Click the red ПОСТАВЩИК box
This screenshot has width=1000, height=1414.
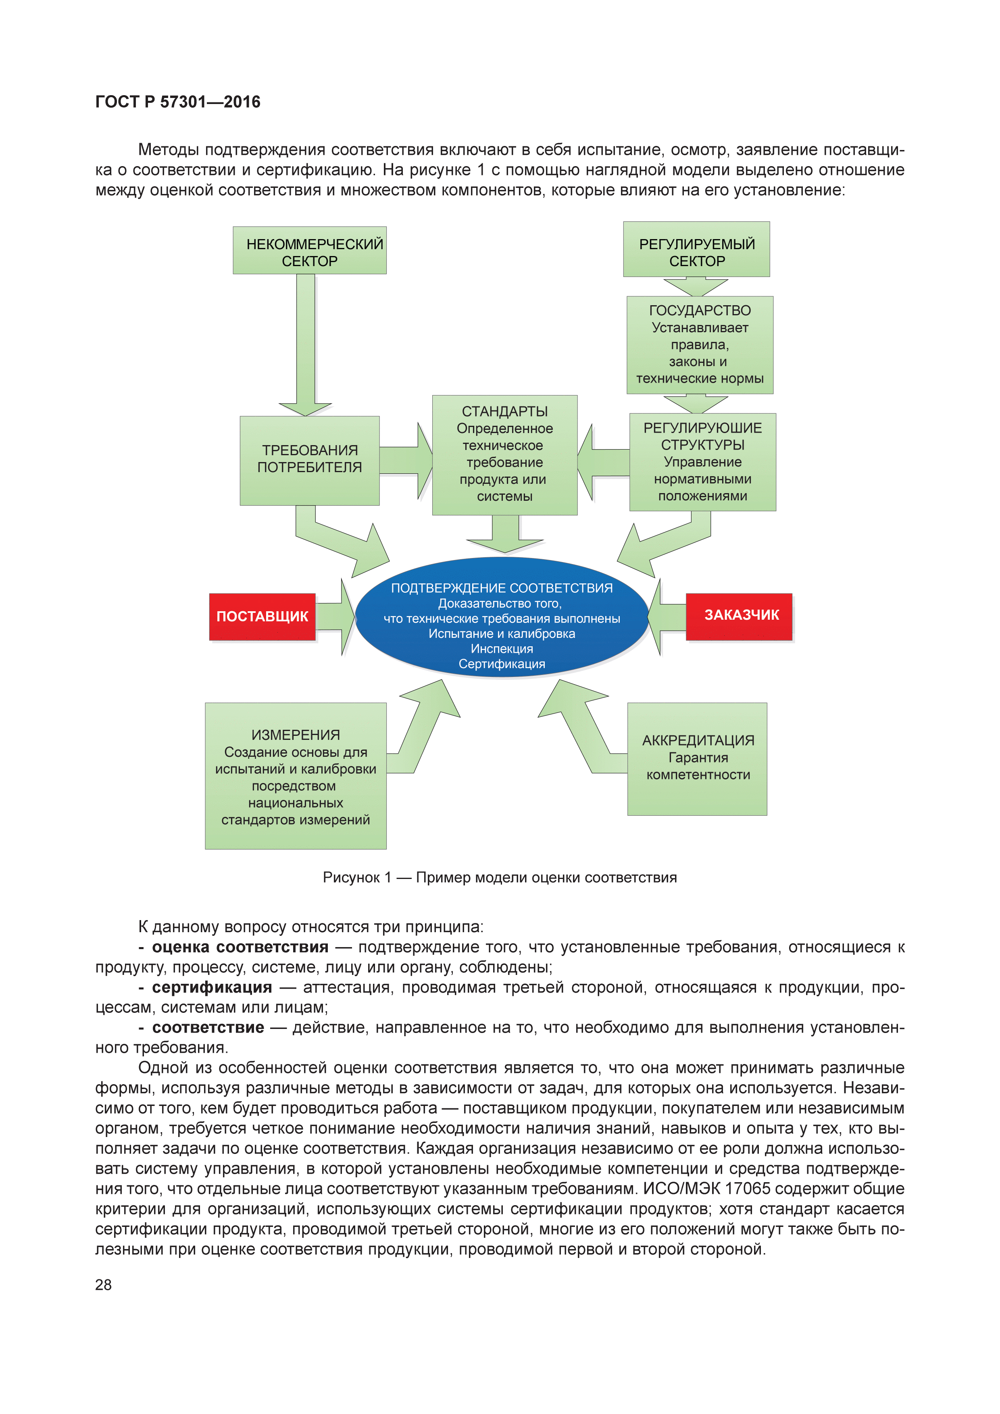[262, 616]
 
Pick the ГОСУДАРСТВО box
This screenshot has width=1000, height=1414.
[700, 345]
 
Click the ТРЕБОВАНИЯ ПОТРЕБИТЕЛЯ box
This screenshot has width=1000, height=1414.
[310, 460]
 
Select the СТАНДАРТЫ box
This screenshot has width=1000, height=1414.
[504, 454]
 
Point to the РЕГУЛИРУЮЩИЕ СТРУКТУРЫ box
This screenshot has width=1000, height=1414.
[702, 462]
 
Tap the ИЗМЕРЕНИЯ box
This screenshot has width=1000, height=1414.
[296, 776]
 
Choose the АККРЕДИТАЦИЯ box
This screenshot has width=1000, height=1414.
[697, 759]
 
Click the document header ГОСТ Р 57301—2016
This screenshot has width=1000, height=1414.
[178, 102]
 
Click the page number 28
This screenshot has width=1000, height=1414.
[104, 1285]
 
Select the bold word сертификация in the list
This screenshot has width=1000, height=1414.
[212, 987]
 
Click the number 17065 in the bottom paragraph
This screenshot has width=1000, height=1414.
[748, 1189]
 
